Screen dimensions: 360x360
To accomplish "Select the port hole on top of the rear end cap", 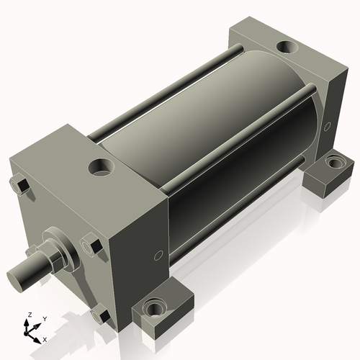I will (x=288, y=48).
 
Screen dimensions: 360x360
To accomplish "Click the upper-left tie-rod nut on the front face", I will (x=22, y=186).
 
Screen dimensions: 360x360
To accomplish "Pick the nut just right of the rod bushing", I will (x=91, y=246).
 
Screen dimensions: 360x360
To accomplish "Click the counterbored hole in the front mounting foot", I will (x=154, y=310).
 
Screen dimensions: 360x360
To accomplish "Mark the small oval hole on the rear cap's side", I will (x=327, y=127).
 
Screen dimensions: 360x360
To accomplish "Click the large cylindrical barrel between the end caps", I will (x=216, y=137).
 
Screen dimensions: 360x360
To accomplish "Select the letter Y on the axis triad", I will (x=44, y=318).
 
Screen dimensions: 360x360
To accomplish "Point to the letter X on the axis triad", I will (x=45, y=338).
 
